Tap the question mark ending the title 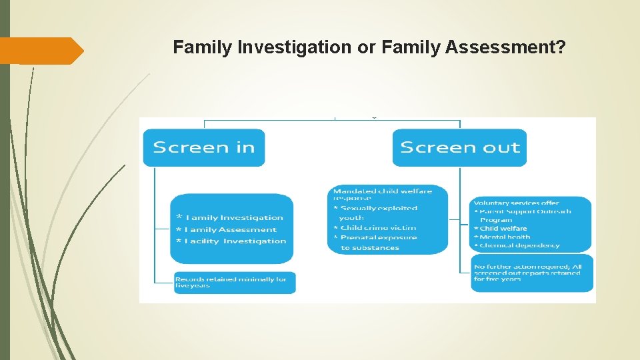click(x=560, y=47)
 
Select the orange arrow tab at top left click(x=43, y=51)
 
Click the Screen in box click(x=203, y=147)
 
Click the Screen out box click(x=459, y=147)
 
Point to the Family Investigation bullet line click(x=230, y=217)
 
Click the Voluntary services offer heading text click(x=517, y=202)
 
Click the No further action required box click(x=531, y=272)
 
